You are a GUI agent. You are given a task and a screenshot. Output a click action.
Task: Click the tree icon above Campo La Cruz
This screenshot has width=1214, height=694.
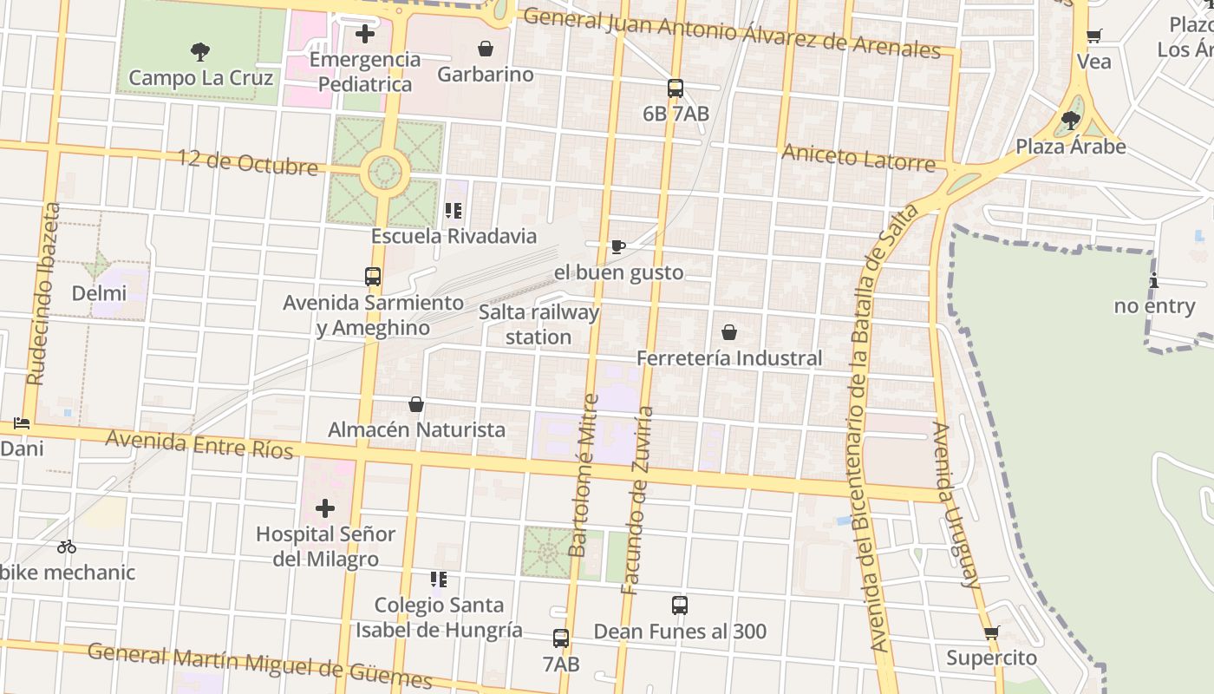pos(200,52)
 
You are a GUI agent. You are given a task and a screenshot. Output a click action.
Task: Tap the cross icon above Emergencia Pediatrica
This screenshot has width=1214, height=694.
pos(365,34)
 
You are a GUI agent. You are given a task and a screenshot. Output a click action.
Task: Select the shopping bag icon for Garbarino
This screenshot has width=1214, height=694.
pos(486,49)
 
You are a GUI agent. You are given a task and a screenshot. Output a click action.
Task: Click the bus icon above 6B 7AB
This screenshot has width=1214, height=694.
pos(676,88)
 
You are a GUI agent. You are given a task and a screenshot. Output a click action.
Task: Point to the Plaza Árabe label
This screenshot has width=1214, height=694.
pos(1071,146)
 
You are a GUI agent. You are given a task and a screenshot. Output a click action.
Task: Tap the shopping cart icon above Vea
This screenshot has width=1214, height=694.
pos(1094,36)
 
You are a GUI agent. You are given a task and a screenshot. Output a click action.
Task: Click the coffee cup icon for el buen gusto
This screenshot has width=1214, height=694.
pos(618,247)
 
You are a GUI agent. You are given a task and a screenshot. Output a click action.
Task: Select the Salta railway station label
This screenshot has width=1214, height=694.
pos(538,324)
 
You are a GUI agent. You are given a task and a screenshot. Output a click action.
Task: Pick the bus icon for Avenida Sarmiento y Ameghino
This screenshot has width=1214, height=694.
pos(373,277)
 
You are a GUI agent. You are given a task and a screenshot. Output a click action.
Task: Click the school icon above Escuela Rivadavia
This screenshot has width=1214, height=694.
pos(453,211)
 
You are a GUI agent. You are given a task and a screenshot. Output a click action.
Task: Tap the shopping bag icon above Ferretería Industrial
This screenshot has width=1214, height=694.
pos(729,332)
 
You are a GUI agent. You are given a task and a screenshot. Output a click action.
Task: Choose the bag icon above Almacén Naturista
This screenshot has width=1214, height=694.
pos(416,404)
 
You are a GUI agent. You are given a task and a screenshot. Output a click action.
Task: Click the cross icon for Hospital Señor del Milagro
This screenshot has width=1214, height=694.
pos(324,507)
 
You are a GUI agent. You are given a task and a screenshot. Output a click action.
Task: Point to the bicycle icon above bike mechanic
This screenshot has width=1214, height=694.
pos(67,547)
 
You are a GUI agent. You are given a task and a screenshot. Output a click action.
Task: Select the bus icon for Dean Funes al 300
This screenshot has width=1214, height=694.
pos(680,605)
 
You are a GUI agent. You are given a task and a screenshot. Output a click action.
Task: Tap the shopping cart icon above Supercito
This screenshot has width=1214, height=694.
pos(992,632)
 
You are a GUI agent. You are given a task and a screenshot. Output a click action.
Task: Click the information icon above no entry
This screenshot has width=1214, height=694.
pos(1154,280)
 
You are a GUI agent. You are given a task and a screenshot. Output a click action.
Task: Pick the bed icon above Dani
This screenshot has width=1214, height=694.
pos(22,423)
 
